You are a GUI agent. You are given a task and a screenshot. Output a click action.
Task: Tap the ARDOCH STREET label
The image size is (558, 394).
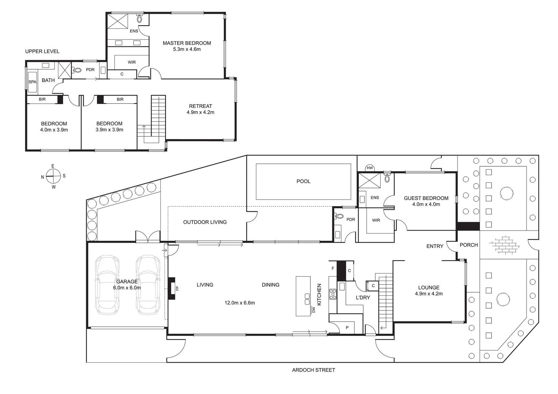(x=313, y=370)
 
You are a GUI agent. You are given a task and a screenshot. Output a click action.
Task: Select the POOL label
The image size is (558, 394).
(x=303, y=181)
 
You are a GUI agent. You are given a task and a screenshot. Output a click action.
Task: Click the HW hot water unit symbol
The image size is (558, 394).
(x=370, y=168)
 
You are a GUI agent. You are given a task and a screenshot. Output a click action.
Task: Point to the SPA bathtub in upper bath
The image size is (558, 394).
(x=33, y=82)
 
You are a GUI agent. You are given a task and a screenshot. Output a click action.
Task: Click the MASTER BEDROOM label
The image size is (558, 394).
(x=187, y=43)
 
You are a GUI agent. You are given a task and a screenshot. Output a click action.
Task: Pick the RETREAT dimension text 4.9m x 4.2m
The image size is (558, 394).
(x=200, y=112)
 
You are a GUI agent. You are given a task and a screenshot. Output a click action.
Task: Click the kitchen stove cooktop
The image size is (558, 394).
(x=333, y=294)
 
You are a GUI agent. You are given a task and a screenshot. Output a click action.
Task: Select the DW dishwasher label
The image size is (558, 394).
(x=313, y=310)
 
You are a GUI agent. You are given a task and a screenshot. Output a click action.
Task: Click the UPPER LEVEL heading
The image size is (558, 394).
(x=42, y=51)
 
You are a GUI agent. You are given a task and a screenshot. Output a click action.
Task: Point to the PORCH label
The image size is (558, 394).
(x=469, y=245)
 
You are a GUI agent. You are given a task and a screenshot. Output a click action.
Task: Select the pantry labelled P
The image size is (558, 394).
(x=347, y=328)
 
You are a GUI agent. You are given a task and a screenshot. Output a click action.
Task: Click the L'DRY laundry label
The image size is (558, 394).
(x=363, y=298)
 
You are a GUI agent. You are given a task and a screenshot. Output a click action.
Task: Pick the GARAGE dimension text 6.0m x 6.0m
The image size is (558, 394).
(x=127, y=288)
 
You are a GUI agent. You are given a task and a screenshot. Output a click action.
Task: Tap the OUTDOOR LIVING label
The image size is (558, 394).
(x=205, y=222)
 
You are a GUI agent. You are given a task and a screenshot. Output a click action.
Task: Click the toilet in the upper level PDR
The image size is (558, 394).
(x=77, y=70)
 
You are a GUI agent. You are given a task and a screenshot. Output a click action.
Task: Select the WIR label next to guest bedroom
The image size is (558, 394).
(x=376, y=220)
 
